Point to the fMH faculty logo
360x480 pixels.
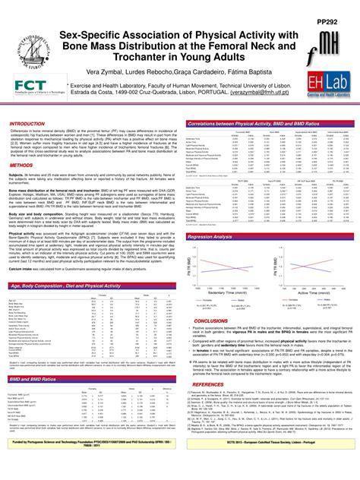(x=326, y=43)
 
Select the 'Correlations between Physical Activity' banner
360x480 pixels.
(x=250, y=123)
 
